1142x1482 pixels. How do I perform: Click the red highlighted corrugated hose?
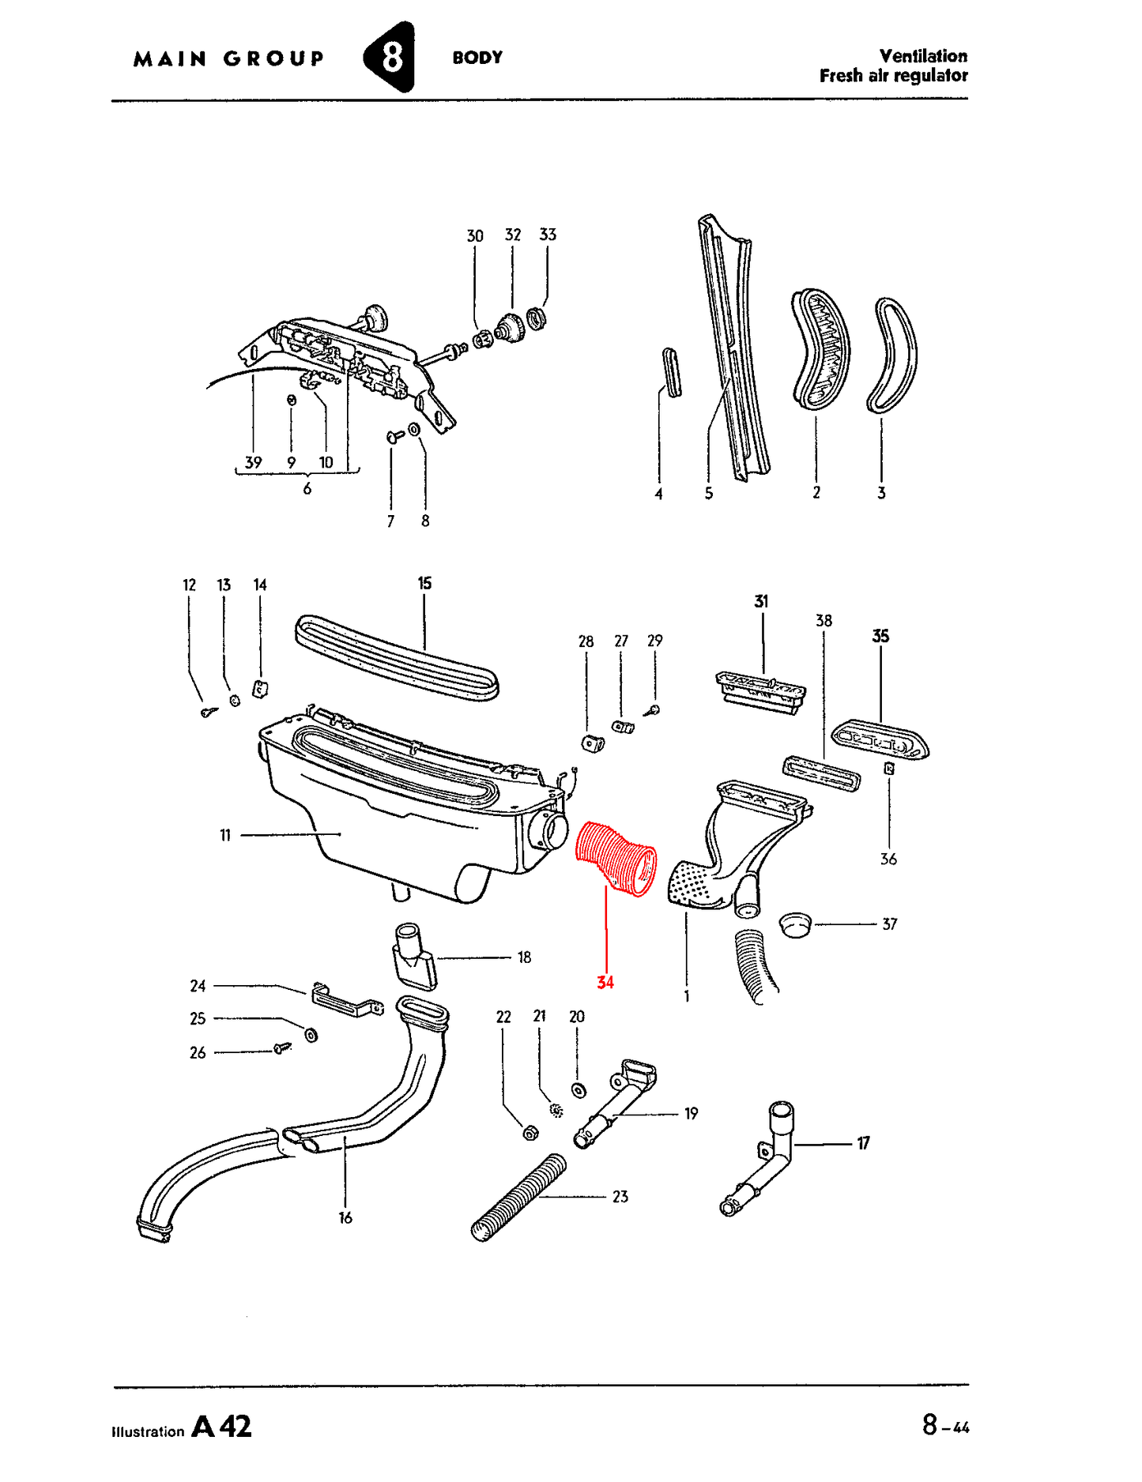pyautogui.click(x=616, y=859)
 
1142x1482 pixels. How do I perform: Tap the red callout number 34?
pyautogui.click(x=605, y=982)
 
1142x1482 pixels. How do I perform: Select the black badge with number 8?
pyautogui.click(x=389, y=57)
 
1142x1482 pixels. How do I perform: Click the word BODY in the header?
pyautogui.click(x=477, y=58)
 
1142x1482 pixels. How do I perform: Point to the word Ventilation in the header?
pyautogui.click(x=923, y=56)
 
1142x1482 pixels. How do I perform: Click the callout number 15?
pyautogui.click(x=424, y=583)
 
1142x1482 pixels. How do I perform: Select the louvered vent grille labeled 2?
pyautogui.click(x=821, y=348)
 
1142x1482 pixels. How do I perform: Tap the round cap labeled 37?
pyautogui.click(x=795, y=923)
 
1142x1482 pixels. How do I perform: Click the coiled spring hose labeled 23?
pyautogui.click(x=519, y=1197)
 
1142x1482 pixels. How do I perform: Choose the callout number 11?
pyautogui.click(x=225, y=835)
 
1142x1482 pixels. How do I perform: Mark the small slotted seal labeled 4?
pyautogui.click(x=671, y=372)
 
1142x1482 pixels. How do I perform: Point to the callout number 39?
pyautogui.click(x=253, y=462)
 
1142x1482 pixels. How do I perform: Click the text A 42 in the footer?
pyautogui.click(x=222, y=1426)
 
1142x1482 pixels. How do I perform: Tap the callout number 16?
pyautogui.click(x=345, y=1217)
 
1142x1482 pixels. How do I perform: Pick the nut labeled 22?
pyautogui.click(x=531, y=1133)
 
